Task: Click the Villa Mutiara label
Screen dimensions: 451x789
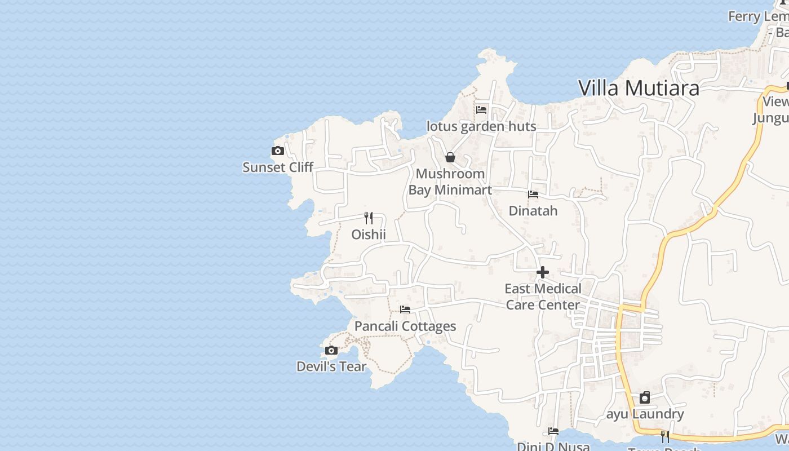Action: pos(639,88)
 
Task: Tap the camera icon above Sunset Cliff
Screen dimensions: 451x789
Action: pos(277,151)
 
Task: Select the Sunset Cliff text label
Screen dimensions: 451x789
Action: pos(277,167)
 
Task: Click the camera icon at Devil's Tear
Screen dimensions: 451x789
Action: pos(331,351)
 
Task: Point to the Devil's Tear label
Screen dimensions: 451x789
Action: pos(331,366)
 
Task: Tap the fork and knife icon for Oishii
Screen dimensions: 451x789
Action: pos(369,218)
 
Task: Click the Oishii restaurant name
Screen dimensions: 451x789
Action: pos(369,234)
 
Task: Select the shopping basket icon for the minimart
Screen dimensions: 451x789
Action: pos(450,157)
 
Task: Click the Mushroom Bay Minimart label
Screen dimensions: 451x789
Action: pos(450,182)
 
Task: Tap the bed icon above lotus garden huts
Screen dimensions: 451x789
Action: pos(481,110)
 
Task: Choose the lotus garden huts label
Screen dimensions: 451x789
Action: pos(481,126)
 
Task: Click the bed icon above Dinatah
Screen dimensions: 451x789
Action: pos(533,194)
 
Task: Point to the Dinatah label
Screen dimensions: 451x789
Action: pos(533,211)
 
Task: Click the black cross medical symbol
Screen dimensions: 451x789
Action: pos(542,273)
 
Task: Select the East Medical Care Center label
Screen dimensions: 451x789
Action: pos(542,297)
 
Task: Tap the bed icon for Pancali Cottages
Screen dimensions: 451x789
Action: pos(405,309)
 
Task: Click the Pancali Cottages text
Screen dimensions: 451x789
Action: pos(405,326)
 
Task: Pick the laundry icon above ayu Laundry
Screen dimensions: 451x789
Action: pos(645,398)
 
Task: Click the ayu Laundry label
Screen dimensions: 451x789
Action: pos(645,414)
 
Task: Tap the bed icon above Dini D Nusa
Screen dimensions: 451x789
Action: pos(553,432)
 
